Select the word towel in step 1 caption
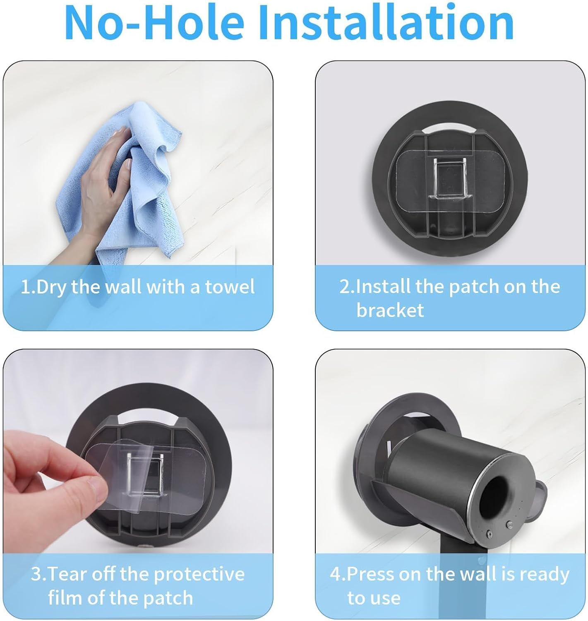(x=230, y=287)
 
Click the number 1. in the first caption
(x=28, y=287)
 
